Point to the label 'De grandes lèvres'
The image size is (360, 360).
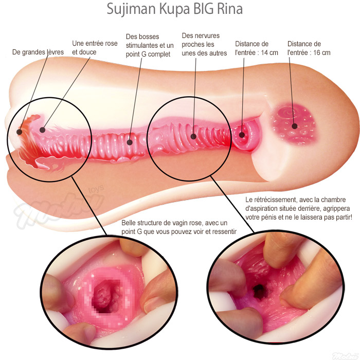(37, 52)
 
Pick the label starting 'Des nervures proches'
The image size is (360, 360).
(204, 45)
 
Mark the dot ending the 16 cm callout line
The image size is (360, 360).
(294, 125)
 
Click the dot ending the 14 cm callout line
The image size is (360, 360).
(241, 135)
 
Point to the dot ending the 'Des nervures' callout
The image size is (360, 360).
(193, 137)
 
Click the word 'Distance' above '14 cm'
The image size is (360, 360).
(251, 44)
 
